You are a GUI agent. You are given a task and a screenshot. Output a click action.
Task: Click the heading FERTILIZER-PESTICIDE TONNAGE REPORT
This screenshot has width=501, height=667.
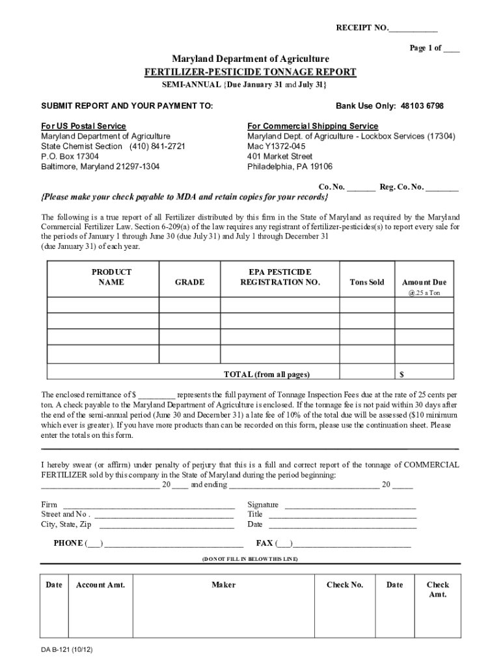(251, 72)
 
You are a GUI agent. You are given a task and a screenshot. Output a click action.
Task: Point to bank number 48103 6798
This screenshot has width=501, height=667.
(422, 106)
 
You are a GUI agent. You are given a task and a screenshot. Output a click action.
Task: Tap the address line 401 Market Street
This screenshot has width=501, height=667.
(280, 156)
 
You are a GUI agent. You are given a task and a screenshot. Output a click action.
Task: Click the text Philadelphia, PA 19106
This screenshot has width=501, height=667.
(290, 167)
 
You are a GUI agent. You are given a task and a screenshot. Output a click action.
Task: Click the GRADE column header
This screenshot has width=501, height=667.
(189, 282)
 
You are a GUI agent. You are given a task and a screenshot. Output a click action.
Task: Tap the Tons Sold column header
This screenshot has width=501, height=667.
(367, 282)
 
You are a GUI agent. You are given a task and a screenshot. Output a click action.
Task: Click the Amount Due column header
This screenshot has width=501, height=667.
(424, 282)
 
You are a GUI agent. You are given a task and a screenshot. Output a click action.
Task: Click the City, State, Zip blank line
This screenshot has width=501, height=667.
(167, 526)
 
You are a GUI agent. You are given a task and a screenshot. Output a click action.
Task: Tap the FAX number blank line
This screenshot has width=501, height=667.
(352, 545)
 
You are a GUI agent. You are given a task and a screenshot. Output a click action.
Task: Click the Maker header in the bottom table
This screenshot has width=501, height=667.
(223, 585)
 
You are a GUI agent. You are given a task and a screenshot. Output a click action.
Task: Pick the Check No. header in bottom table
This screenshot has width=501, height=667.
(345, 585)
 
